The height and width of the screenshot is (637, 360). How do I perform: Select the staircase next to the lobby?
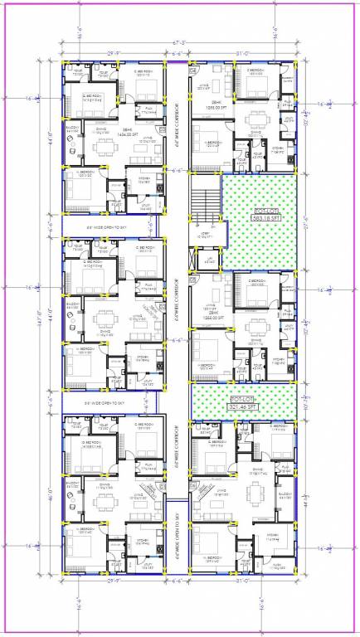200,204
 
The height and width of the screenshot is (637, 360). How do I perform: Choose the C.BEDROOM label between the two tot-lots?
260,281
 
